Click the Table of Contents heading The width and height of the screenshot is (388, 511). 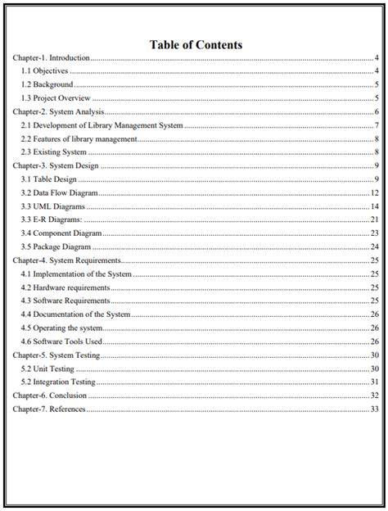[196, 44]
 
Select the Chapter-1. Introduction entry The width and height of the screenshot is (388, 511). [52, 59]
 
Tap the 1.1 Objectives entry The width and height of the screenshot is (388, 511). [44, 72]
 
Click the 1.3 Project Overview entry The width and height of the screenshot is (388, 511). [56, 98]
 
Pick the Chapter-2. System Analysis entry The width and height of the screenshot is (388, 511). [57, 112]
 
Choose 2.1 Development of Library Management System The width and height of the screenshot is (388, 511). [102, 125]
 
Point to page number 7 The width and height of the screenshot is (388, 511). [375, 125]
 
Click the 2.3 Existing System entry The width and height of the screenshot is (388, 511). [53, 151]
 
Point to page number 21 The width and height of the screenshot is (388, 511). [373, 219]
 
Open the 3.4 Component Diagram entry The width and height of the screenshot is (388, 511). [61, 233]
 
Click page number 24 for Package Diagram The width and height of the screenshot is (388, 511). [373, 246]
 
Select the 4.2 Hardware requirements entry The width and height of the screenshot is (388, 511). [65, 287]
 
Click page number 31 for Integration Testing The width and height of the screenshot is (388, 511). [373, 381]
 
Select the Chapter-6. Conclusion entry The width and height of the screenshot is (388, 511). [50, 395]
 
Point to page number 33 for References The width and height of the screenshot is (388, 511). [373, 408]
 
